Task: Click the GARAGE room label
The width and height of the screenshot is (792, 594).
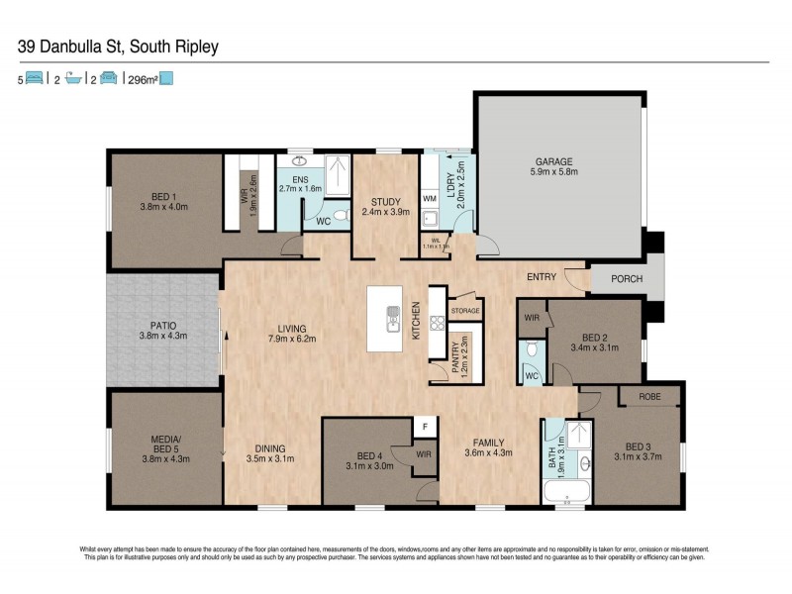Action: point(554,161)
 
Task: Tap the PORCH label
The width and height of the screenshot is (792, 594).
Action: point(626,279)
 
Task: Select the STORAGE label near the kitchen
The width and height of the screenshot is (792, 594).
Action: point(465,311)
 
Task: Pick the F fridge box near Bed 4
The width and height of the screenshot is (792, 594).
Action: point(425,426)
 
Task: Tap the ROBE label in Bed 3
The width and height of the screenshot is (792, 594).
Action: point(649,395)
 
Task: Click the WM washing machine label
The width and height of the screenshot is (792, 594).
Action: point(430,199)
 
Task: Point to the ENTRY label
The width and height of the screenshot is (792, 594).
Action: point(542,277)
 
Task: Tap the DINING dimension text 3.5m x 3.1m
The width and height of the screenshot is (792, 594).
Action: point(269,458)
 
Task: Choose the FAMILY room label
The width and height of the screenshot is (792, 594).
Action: point(489,443)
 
